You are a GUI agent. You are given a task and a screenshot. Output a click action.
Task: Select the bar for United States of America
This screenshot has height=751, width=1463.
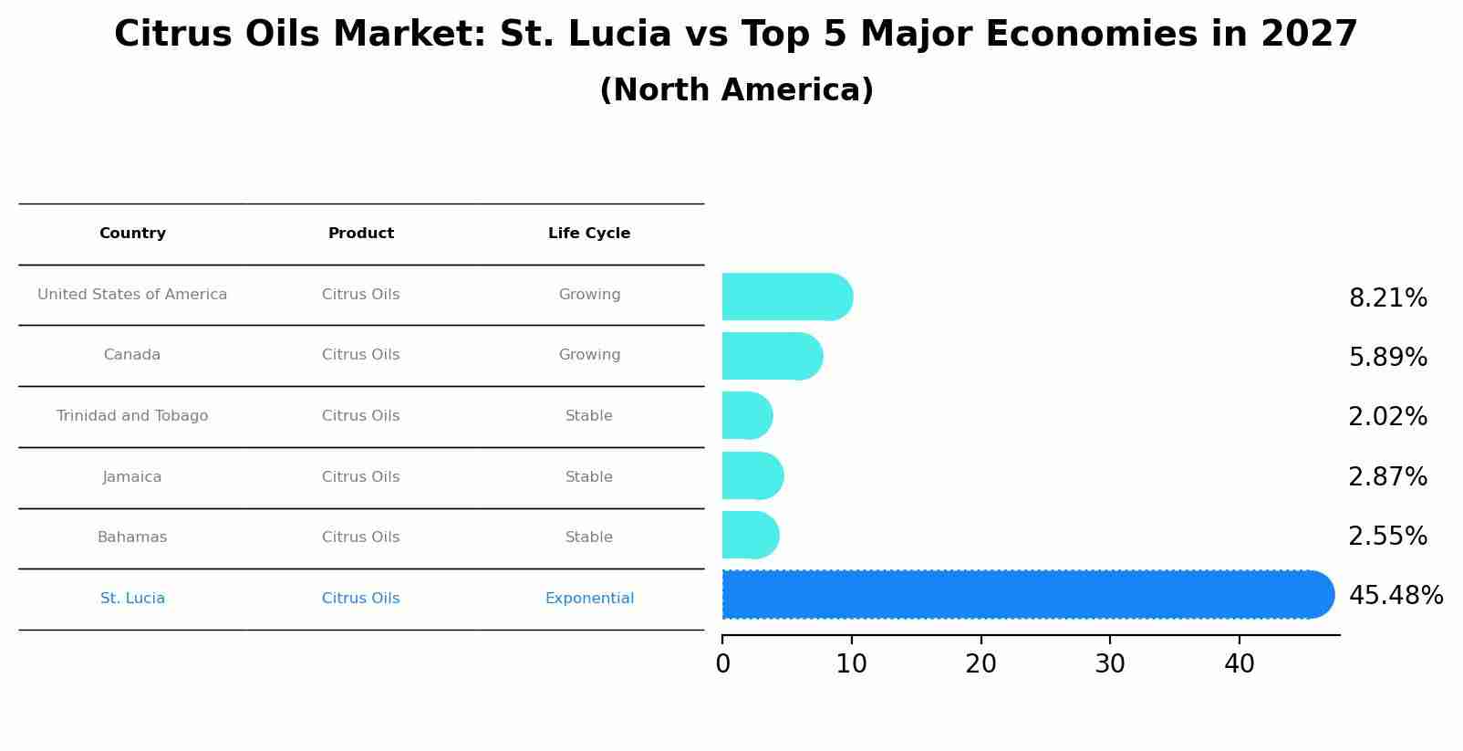[x=786, y=297]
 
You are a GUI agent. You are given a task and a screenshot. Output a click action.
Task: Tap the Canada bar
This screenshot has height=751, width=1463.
[x=772, y=356]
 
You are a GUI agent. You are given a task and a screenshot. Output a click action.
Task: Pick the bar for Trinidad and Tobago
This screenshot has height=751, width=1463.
[x=747, y=416]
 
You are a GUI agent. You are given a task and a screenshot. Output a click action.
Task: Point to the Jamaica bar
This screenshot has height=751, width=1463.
[x=752, y=475]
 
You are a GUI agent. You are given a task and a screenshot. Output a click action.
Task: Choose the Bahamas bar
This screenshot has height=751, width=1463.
[x=750, y=535]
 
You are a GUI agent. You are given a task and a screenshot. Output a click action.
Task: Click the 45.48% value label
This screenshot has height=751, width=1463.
[x=1396, y=596]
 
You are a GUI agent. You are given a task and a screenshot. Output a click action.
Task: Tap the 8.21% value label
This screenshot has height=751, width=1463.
[x=1387, y=298]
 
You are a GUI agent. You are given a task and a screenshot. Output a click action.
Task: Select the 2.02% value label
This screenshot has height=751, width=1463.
[x=1387, y=417]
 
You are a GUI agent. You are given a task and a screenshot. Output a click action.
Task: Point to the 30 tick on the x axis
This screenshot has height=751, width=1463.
[x=1110, y=664]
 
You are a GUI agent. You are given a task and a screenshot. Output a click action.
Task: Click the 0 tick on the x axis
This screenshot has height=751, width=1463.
[x=722, y=664]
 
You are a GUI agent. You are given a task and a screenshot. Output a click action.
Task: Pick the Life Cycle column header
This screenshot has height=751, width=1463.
[x=589, y=234]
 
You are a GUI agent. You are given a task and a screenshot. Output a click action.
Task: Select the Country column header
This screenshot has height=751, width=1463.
[x=132, y=234]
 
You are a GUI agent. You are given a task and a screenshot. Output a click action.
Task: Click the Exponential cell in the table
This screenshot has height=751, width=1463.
[x=589, y=599]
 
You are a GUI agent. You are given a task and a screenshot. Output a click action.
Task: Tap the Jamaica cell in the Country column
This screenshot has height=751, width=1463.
[x=132, y=477]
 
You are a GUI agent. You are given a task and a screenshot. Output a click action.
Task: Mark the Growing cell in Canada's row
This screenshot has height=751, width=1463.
[x=589, y=355]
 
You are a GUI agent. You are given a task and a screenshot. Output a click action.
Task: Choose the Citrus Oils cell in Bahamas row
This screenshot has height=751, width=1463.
[x=360, y=537]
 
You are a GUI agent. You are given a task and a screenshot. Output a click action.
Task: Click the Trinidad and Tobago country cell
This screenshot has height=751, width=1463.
[x=132, y=416]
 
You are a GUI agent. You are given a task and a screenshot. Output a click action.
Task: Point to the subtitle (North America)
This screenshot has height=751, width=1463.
[x=736, y=90]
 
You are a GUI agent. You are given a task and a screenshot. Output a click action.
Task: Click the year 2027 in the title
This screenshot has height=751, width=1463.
[x=1309, y=35]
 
